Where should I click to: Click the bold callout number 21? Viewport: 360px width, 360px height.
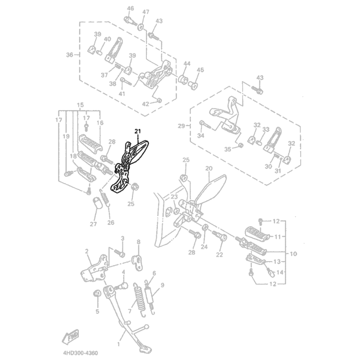click(137, 131)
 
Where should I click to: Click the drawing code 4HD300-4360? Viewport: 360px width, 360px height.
click(80, 353)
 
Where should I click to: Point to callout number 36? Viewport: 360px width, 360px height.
click(69, 55)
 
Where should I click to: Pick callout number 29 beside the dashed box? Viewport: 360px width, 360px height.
click(181, 126)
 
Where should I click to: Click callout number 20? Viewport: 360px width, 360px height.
click(209, 168)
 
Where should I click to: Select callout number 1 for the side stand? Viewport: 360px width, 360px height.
click(118, 345)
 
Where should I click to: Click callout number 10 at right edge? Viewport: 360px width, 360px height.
click(293, 254)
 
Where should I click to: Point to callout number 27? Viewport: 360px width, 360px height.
click(93, 224)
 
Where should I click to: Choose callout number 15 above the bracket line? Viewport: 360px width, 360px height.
click(80, 105)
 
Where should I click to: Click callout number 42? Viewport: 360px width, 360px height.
click(146, 104)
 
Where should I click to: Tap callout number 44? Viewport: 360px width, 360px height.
click(187, 63)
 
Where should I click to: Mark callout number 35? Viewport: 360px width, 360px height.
click(228, 150)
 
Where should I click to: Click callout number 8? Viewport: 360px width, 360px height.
click(138, 242)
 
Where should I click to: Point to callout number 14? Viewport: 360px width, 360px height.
click(280, 272)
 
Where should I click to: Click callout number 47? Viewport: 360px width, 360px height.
click(146, 12)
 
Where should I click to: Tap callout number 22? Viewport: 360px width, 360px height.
click(219, 255)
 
